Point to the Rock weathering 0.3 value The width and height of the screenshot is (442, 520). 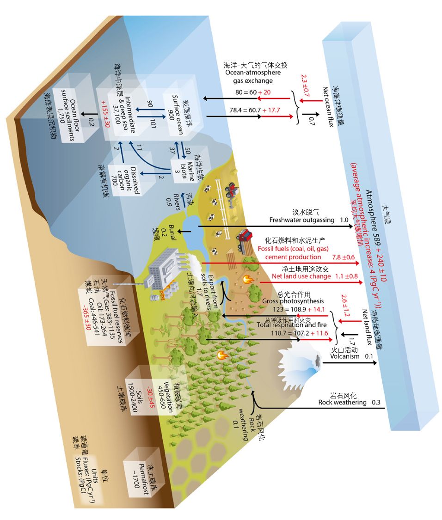click(376, 402)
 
